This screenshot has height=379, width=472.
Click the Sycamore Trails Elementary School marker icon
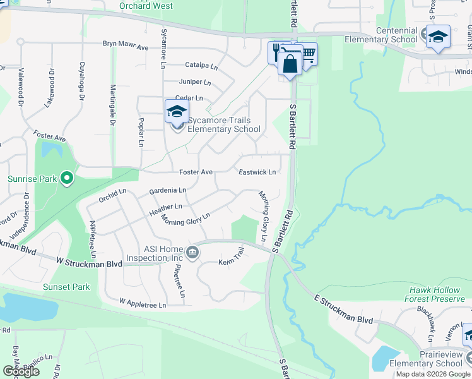pos(177,112)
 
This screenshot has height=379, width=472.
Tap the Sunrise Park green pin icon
pos(68,179)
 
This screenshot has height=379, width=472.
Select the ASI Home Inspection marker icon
pos(193,253)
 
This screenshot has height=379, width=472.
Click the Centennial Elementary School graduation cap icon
pos(438,37)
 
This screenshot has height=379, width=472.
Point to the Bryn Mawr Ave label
pos(126,47)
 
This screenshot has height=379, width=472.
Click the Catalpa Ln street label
pos(201,65)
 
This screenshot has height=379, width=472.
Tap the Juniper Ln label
pos(195,82)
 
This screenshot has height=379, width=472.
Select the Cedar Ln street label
pos(189,99)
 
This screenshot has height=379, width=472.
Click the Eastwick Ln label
pos(257,172)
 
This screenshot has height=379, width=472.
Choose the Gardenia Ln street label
pos(167,190)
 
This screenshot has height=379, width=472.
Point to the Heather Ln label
pos(165,207)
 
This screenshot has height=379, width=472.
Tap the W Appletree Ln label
pos(142,304)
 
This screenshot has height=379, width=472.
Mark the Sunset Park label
pos(66,287)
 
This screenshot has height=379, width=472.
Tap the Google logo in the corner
pos(21,371)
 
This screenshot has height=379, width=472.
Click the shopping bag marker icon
pos(290,63)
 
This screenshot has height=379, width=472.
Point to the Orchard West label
pos(146,6)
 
